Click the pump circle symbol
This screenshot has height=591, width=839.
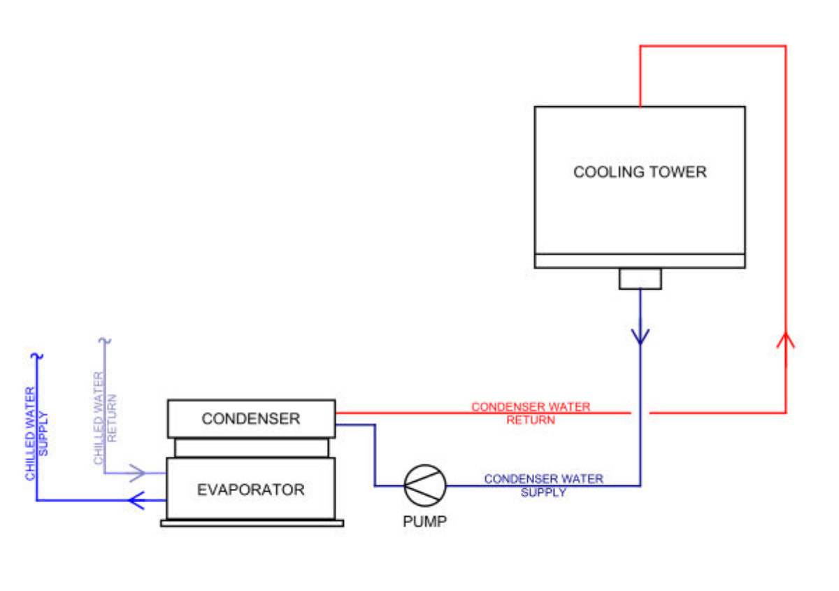pyautogui.click(x=425, y=485)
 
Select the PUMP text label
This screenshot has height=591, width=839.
pyautogui.click(x=425, y=522)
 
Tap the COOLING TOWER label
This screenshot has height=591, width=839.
pyautogui.click(x=640, y=171)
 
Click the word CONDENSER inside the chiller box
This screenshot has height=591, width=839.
pyautogui.click(x=250, y=419)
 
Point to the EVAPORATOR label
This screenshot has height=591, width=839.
pyautogui.click(x=250, y=490)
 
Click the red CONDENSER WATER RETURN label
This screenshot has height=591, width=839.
pyautogui.click(x=531, y=413)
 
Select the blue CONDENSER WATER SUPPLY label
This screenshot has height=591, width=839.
pyautogui.click(x=543, y=485)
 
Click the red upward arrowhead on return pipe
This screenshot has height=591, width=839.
pyautogui.click(x=786, y=341)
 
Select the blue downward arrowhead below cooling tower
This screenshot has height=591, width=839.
pyautogui.click(x=640, y=335)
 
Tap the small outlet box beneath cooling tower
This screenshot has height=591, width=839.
pyautogui.click(x=640, y=278)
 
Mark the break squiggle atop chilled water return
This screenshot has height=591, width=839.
pyautogui.click(x=106, y=342)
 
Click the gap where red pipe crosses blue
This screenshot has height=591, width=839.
pyautogui.click(x=640, y=413)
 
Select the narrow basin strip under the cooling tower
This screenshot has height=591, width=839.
pyautogui.click(x=640, y=261)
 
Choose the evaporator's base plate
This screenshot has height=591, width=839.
pyautogui.click(x=252, y=522)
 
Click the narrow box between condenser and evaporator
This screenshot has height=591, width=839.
pyautogui.click(x=251, y=448)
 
